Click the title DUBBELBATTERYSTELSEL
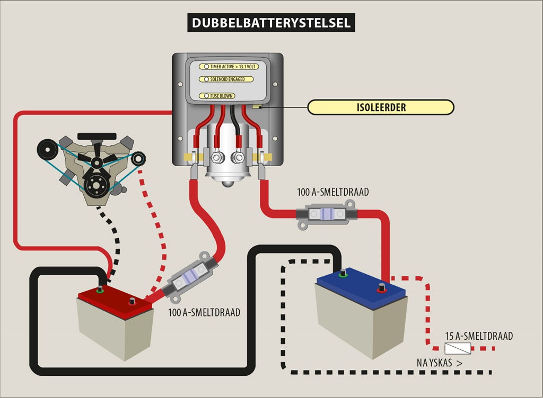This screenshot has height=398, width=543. click(271, 23)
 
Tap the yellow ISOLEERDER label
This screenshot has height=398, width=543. click(381, 107)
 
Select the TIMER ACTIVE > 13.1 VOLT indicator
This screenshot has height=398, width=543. click(229, 66)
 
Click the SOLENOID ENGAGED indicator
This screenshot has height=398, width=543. click(226, 79)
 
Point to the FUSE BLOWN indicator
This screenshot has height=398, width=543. click(217, 96)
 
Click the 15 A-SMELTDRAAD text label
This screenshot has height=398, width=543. click(479, 336)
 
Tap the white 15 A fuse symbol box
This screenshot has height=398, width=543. click(458, 349)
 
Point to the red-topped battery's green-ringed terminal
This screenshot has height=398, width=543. click(100, 289)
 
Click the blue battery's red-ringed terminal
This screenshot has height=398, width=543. click(382, 288)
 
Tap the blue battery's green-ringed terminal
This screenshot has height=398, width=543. click(343, 273)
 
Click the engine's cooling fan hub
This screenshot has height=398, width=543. click(97, 162)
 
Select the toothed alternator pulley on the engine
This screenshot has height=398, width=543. click(138, 159)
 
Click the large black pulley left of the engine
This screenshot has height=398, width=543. click(48, 149)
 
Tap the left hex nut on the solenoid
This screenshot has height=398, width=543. click(216, 158)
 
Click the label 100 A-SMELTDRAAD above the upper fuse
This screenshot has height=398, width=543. click(333, 192)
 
